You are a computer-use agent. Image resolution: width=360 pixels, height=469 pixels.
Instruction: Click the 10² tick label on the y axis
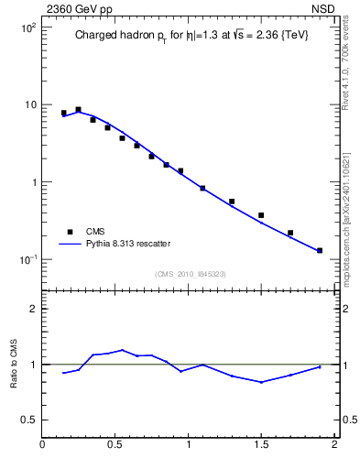pos(27,28)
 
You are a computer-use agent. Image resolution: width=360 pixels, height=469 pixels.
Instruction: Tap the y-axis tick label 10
pos(29,105)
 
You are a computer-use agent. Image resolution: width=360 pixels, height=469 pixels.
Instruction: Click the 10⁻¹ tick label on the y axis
pos(27,259)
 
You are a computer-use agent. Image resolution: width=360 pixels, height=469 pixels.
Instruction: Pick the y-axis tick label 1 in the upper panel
pos(33,182)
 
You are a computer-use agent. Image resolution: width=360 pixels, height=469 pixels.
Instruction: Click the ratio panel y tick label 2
pos(33,309)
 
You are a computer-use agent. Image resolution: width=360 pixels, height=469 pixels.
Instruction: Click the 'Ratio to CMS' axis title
pos(13,365)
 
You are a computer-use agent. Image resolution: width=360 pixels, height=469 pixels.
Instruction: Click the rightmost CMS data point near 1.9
pos(320,250)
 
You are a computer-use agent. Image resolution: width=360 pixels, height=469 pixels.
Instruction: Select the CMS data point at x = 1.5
pos(261,215)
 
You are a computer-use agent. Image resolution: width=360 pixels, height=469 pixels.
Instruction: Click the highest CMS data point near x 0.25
pos(78,109)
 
